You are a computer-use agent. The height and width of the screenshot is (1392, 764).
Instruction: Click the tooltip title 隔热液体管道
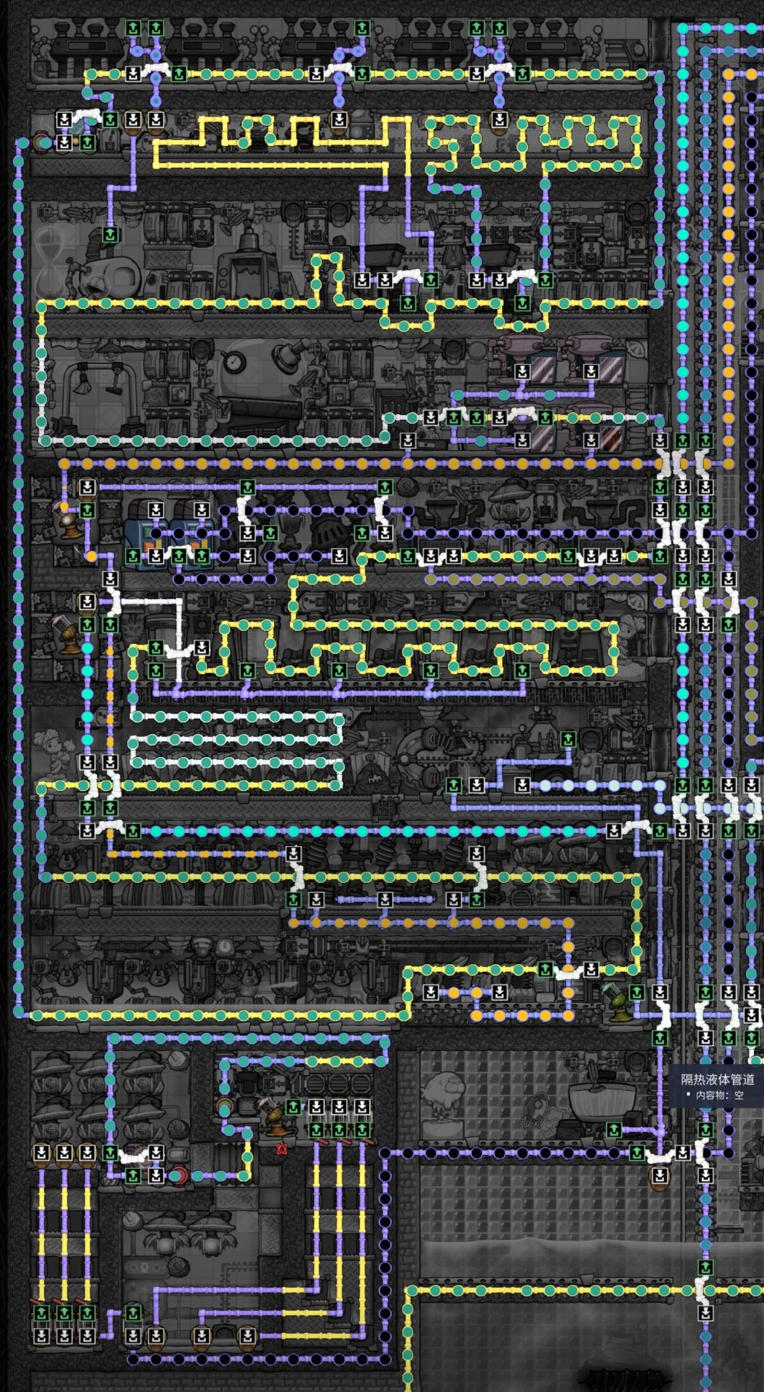tap(717, 1080)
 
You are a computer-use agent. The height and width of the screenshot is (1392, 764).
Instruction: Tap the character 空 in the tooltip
tap(739, 1095)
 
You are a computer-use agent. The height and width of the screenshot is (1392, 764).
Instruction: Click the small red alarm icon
tap(281, 1148)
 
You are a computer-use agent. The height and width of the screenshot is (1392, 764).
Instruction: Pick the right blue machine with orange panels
tap(191, 532)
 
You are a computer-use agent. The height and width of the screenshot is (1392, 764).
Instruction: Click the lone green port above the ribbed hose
tap(110, 234)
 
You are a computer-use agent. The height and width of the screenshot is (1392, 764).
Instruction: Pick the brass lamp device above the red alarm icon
tap(272, 1116)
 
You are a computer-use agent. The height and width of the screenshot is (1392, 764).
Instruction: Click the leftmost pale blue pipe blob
tap(545, 785)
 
